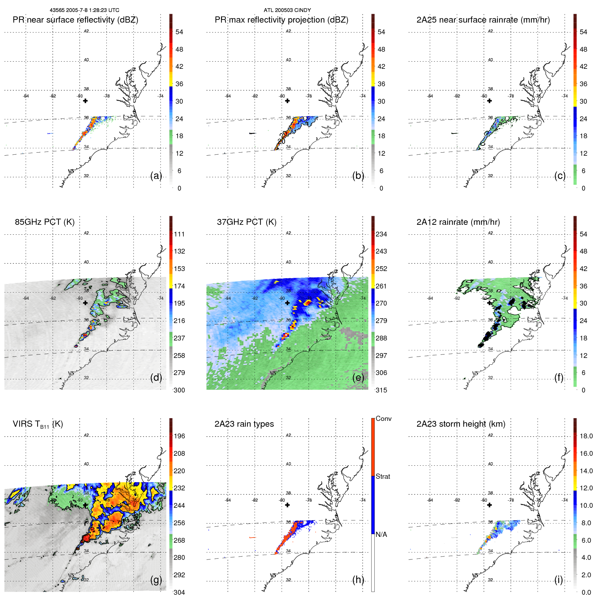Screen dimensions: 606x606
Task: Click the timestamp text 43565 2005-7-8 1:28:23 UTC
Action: coord(85,10)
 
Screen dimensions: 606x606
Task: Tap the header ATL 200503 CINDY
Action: coord(287,10)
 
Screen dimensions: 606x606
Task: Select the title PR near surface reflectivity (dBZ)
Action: coord(75,20)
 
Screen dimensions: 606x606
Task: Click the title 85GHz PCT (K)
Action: coord(44,222)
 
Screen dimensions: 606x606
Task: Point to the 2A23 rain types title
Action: coord(244,424)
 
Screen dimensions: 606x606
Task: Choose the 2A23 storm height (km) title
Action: coord(461,424)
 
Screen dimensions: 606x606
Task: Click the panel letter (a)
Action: coord(156,176)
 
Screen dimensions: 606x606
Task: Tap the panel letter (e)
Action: coord(358,378)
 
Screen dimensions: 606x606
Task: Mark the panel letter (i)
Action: coord(558,580)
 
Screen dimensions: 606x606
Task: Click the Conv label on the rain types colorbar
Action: coord(383,418)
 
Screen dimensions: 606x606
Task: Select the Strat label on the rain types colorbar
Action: coord(383,476)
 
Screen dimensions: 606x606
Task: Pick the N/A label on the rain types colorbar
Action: coord(381,534)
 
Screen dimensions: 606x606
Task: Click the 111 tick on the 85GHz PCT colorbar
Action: coord(179,234)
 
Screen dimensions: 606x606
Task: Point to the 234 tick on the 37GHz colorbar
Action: coord(381,234)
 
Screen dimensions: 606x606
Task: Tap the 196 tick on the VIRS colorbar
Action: coord(179,436)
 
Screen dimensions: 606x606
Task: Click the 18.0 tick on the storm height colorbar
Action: coord(586,436)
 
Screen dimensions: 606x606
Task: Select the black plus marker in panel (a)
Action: coord(85,101)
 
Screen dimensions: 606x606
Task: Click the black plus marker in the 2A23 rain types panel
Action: coord(287,505)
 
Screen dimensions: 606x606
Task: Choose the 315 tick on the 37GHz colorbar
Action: coord(381,390)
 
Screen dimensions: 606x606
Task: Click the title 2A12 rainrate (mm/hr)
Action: coord(458,222)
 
